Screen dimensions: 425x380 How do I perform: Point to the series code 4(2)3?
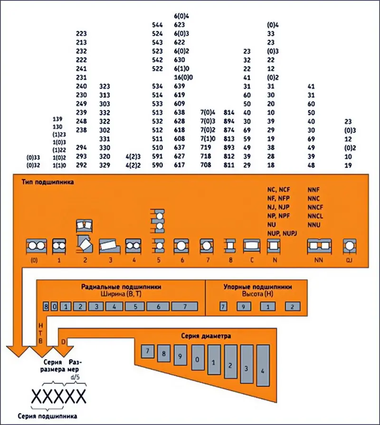[133, 157]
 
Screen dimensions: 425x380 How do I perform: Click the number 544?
[157, 24]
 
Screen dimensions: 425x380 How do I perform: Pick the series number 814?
[229, 112]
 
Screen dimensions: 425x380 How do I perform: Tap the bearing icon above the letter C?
[251, 246]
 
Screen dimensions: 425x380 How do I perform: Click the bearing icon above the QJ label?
[349, 246]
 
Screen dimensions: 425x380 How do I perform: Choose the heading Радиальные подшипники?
[121, 287]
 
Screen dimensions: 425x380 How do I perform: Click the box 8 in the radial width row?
[46, 306]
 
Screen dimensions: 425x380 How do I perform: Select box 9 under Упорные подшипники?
[244, 306]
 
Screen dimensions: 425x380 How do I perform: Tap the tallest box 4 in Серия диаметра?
[263, 366]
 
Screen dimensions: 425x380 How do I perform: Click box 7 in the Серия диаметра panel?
[148, 352]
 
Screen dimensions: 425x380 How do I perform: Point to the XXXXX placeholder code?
[58, 396]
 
